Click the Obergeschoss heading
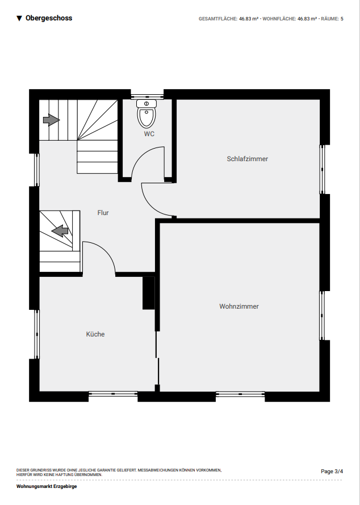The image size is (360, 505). (x=49, y=18)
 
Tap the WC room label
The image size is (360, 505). (x=149, y=134)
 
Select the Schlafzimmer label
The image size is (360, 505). (x=247, y=159)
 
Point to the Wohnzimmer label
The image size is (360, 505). (x=239, y=306)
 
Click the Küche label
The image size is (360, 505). (x=95, y=334)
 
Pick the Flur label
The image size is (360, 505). (x=103, y=213)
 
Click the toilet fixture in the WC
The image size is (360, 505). (x=146, y=113)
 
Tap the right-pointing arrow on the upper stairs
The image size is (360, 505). (x=51, y=120)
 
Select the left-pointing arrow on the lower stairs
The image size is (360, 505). (x=60, y=230)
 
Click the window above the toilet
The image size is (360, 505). (x=147, y=96)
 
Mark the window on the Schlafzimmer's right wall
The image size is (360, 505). (x=322, y=170)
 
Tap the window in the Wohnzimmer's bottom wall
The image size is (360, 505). (x=240, y=394)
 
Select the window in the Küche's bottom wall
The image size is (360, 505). (x=113, y=394)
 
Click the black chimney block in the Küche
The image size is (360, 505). (x=149, y=293)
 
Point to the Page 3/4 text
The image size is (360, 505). (x=332, y=472)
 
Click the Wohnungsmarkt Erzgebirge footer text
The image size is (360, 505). (x=47, y=486)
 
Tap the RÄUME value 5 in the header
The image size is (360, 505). (x=342, y=19)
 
